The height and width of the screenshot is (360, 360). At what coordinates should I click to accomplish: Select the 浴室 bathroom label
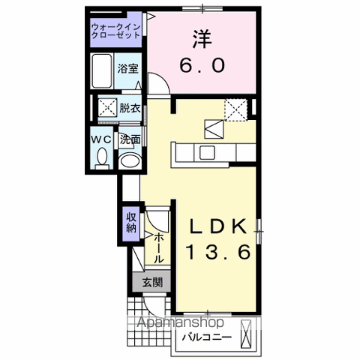tap(128, 68)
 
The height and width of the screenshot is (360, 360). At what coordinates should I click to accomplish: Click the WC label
tap(103, 139)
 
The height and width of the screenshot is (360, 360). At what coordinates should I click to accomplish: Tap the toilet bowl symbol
tap(103, 157)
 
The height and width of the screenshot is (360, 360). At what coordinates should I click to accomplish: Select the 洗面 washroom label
tap(131, 139)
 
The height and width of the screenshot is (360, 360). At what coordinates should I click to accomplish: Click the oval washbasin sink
tap(130, 160)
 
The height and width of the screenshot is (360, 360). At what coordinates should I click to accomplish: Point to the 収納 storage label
tap(131, 223)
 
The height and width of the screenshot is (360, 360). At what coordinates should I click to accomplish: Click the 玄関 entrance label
tap(152, 283)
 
